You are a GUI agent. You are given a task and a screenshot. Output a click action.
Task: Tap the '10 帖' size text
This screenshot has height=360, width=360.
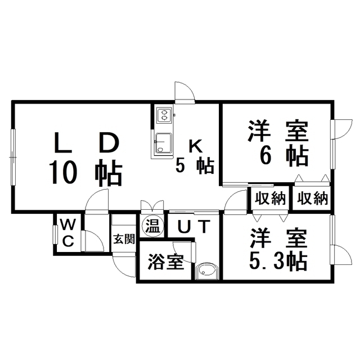pos(86,173)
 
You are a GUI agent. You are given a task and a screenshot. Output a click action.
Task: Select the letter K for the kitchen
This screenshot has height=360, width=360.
pos(194,145)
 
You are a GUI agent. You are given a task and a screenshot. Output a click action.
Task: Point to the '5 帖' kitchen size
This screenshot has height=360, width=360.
pos(194,165)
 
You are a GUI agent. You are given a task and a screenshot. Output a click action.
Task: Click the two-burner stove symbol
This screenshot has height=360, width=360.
pos(164,116)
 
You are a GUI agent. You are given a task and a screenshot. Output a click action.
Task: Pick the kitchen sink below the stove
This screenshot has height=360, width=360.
pos(164,143)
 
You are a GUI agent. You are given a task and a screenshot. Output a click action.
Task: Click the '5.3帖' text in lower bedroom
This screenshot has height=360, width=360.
pos(278,260)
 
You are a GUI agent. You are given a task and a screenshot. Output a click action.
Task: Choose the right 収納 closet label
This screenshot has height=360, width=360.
pos(312,198)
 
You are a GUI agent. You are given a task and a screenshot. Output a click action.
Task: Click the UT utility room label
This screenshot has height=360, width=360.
pos(194,227)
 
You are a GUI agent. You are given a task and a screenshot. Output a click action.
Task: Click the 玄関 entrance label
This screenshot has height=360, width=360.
pos(123,238)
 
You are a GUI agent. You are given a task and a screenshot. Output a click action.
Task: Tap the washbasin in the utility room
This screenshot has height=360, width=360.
pos(207,271)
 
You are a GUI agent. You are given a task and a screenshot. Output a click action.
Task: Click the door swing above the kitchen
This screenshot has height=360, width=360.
pos(184,91)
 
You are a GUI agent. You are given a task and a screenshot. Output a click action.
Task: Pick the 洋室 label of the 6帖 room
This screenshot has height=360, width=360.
pos(277,132)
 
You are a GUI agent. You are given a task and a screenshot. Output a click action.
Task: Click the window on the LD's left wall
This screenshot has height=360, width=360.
pos(13,156)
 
